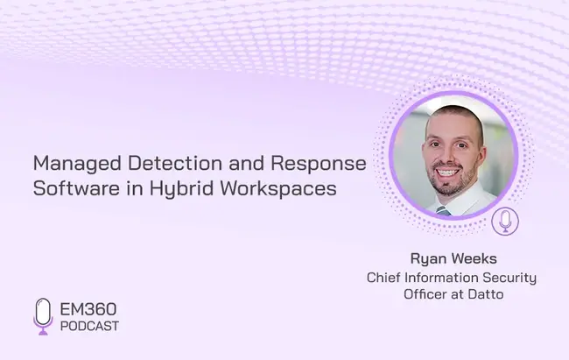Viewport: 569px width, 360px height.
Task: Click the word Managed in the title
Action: coord(77,164)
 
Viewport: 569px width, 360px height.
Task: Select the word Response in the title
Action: coord(319,164)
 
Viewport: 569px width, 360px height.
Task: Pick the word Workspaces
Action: coord(278,189)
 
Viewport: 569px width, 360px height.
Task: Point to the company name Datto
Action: coord(486,294)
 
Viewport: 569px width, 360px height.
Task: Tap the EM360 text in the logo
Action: coord(88,309)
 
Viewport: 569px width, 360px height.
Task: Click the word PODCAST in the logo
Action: coord(89,326)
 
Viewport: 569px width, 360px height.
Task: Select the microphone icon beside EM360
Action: coord(43,316)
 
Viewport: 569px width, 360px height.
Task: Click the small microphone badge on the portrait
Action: coord(505,222)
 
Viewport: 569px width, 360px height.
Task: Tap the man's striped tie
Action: coord(444,211)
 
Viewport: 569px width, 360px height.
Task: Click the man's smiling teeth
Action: coord(448,173)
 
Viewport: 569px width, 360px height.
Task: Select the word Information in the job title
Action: coord(441,277)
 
